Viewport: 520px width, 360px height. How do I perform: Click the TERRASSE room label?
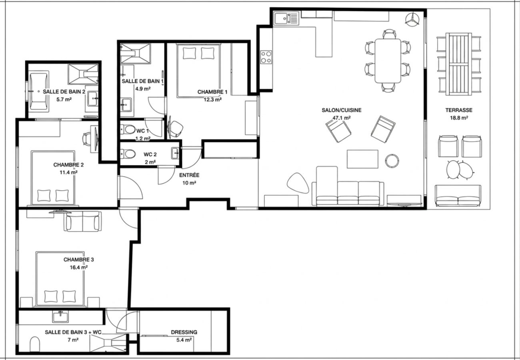[x=459, y=110]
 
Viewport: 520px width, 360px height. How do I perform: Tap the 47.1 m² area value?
[x=342, y=118]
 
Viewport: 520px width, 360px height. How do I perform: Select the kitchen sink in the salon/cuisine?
[x=286, y=18]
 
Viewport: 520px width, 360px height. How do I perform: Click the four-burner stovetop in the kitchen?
[x=266, y=57]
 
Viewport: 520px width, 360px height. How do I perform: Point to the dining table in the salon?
[x=388, y=61]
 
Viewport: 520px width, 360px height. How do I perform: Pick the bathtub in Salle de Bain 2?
[x=39, y=92]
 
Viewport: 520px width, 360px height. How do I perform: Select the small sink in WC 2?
[x=175, y=153]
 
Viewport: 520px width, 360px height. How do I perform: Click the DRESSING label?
[x=184, y=332]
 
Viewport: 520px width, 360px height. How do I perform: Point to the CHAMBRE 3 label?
[x=79, y=260]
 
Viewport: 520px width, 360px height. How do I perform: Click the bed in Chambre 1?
[x=198, y=70]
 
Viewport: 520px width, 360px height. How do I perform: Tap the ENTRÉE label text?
[x=189, y=175]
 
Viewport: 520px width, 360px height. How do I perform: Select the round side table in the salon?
[x=392, y=161]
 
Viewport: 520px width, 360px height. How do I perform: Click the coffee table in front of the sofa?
[x=362, y=159]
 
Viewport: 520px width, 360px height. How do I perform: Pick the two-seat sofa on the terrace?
[x=458, y=196]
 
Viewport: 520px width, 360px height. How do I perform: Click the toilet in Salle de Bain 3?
[x=35, y=344]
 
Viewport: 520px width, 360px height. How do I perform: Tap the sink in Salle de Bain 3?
[x=60, y=317]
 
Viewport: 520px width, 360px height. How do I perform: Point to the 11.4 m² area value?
[x=68, y=172]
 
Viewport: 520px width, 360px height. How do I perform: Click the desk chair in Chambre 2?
[x=87, y=139]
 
